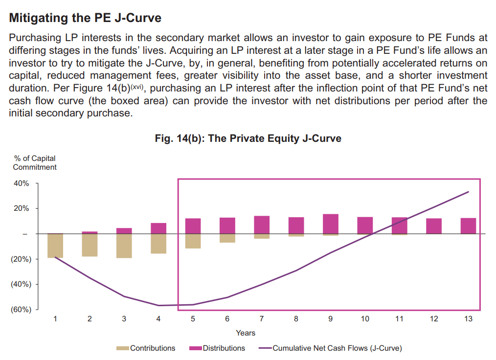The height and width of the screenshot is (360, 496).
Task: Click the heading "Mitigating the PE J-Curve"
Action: [85, 19]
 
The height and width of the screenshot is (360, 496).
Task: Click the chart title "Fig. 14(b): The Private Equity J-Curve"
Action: [248, 138]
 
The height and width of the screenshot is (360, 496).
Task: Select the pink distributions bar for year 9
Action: [331, 224]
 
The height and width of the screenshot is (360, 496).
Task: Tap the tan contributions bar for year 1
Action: [55, 246]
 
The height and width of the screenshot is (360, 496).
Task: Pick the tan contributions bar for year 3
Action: [124, 246]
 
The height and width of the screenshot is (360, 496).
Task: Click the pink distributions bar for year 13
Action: [468, 226]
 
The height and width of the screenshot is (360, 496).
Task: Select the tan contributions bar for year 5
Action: [193, 241]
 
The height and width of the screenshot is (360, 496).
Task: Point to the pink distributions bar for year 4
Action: [158, 228]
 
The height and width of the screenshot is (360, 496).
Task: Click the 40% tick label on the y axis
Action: [22, 183]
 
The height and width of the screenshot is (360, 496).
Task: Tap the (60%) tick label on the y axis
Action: [21, 310]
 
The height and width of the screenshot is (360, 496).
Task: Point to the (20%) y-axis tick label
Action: [21, 259]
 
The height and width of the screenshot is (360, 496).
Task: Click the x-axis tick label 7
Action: [262, 319]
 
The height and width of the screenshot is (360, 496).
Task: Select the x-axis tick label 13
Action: [468, 319]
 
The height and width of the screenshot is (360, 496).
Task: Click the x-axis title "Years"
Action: [245, 333]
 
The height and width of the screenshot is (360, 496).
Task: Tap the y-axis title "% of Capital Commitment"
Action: [34, 162]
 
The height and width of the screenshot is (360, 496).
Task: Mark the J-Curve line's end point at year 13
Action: [469, 192]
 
